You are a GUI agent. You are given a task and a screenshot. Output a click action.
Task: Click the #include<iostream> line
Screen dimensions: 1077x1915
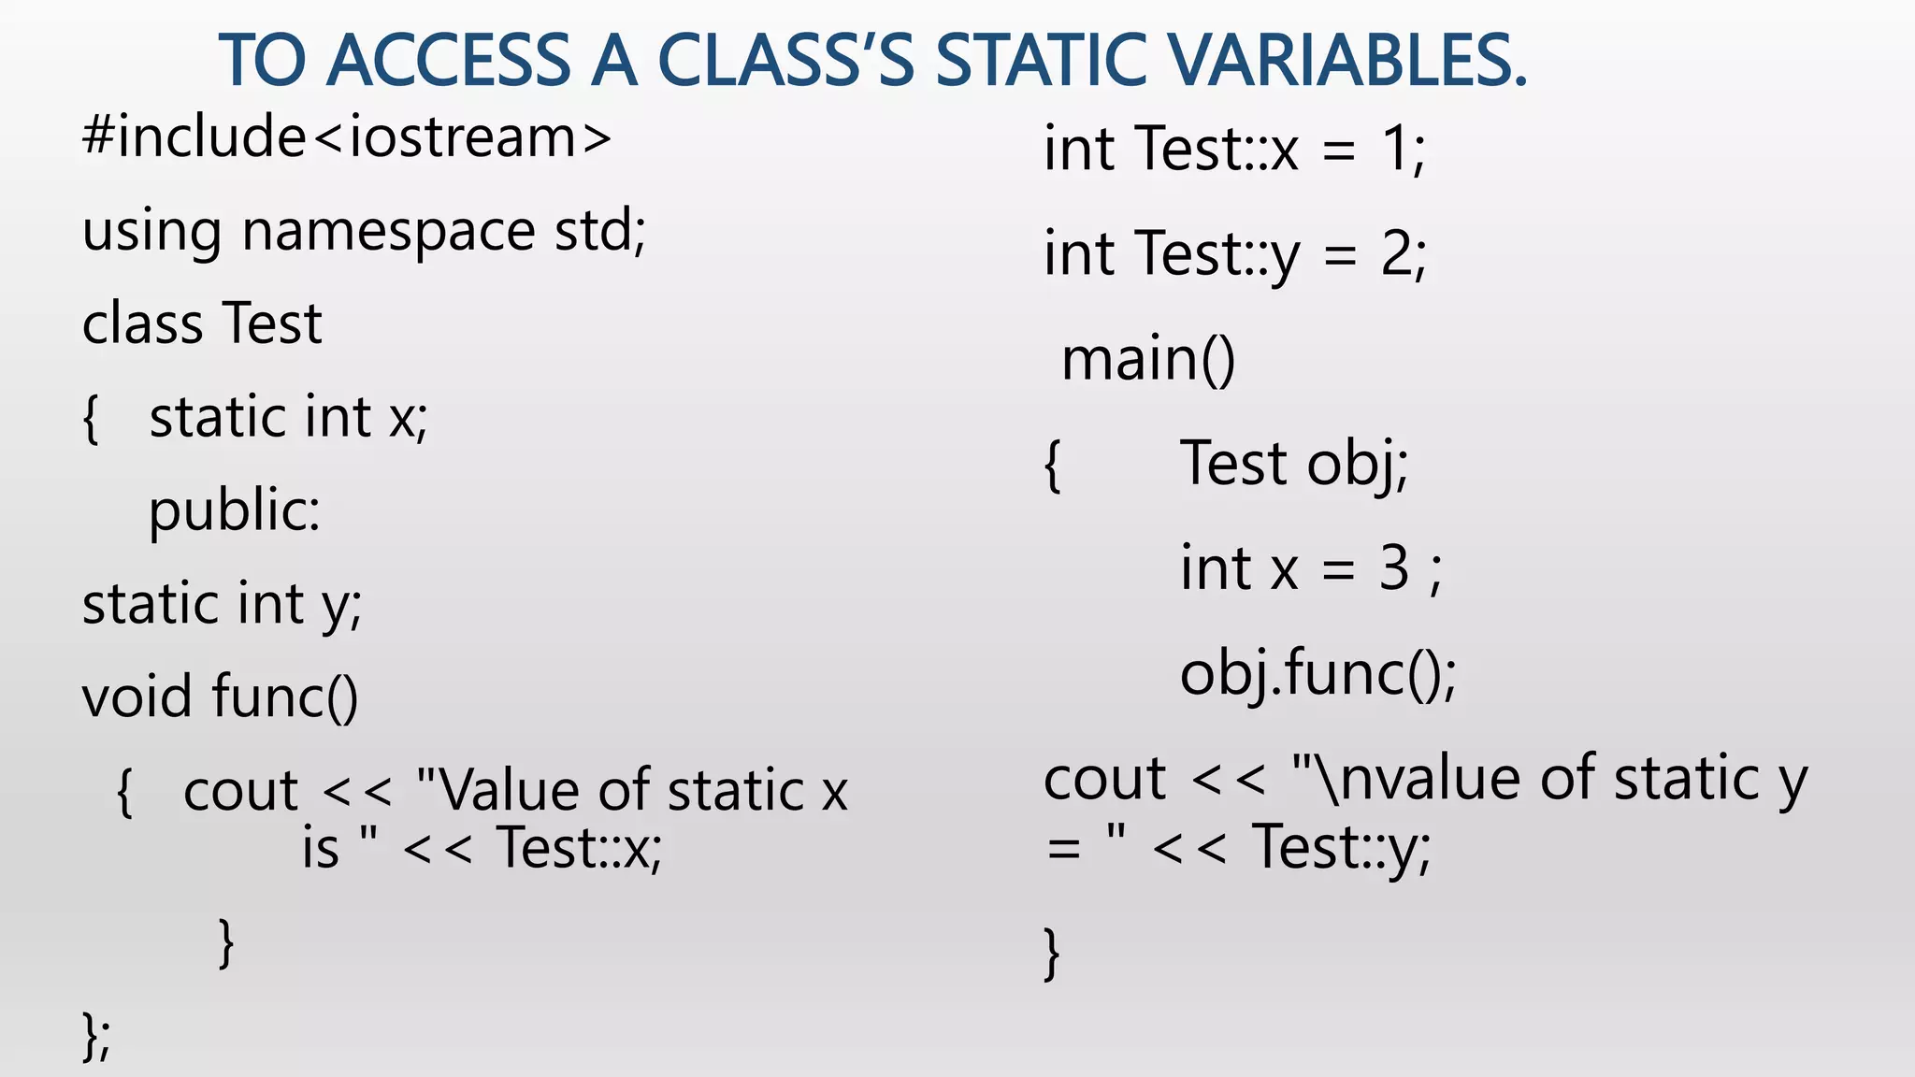[x=347, y=137]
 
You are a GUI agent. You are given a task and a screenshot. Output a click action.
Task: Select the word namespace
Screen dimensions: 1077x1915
[x=388, y=232]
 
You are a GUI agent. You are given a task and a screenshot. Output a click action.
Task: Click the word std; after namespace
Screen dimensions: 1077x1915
[x=599, y=230]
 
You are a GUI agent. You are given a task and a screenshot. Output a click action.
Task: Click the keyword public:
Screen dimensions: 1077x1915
[x=234, y=512]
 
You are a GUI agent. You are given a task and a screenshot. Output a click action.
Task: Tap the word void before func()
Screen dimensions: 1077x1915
[x=138, y=697]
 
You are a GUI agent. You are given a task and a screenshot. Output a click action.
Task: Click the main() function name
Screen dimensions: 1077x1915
[x=1148, y=359]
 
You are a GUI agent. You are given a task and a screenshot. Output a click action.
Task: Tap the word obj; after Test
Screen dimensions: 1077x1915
[x=1357, y=464]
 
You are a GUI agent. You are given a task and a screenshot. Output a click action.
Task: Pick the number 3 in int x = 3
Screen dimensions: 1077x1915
[x=1393, y=567]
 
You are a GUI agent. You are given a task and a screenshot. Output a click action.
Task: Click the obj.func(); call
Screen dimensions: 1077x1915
[x=1317, y=673]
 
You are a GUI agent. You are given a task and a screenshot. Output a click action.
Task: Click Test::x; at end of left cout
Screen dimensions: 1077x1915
[x=579, y=848]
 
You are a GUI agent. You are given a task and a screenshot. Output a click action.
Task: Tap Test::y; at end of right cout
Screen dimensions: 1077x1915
[x=1341, y=848]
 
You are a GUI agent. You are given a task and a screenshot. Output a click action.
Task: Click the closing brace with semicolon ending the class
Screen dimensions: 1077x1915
[x=96, y=1036]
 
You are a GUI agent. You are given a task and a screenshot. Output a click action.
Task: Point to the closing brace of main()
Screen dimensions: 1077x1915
[x=1052, y=953]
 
